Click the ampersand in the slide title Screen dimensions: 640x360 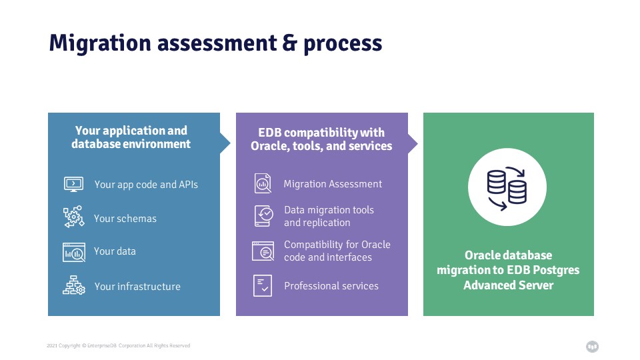coord(289,43)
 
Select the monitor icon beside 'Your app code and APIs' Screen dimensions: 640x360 coord(74,185)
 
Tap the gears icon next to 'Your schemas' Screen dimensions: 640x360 coord(74,216)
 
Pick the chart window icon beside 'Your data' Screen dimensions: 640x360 coord(74,252)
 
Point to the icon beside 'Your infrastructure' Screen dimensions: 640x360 coord(74,285)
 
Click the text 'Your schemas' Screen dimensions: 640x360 coord(125,219)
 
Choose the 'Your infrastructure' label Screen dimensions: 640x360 coord(137,287)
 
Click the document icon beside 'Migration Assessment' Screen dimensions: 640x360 coord(263,183)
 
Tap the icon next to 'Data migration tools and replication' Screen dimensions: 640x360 coord(264,216)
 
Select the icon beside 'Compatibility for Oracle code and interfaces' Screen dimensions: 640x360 coord(263,251)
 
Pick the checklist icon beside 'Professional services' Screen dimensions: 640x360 coord(263,285)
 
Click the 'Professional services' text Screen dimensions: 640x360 coord(331,286)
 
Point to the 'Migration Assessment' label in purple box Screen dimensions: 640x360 coord(333,184)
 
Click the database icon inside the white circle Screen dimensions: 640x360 coord(507,188)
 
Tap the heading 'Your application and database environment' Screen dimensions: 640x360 coord(131,137)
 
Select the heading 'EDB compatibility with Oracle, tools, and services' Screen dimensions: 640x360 coord(321,139)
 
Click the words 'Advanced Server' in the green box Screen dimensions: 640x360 coord(509,285)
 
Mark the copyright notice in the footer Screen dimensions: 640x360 coord(119,346)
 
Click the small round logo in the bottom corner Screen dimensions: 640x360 coord(592,347)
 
